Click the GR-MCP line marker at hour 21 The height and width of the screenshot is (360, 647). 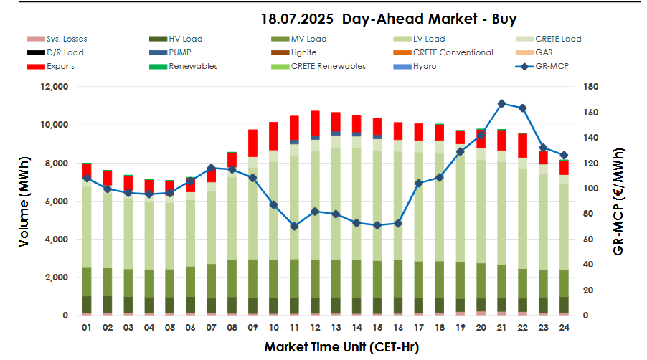click(501, 103)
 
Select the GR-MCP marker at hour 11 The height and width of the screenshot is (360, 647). click(294, 226)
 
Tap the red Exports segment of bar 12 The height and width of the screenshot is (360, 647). click(315, 123)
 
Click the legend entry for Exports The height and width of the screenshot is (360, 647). click(60, 66)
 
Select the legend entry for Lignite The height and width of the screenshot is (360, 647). click(303, 52)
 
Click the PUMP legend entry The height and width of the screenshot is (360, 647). click(181, 52)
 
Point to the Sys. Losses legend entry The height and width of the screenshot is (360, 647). click(67, 39)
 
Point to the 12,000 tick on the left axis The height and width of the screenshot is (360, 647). click(55, 87)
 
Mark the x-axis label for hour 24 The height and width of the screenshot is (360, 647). click(564, 327)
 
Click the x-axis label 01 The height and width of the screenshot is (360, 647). click(86, 327)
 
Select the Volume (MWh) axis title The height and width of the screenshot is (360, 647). click(24, 201)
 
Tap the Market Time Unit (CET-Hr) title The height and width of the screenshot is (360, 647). click(341, 347)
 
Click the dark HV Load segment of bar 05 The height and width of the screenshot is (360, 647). click(169, 305)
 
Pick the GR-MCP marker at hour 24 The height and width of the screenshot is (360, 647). click(564, 155)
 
